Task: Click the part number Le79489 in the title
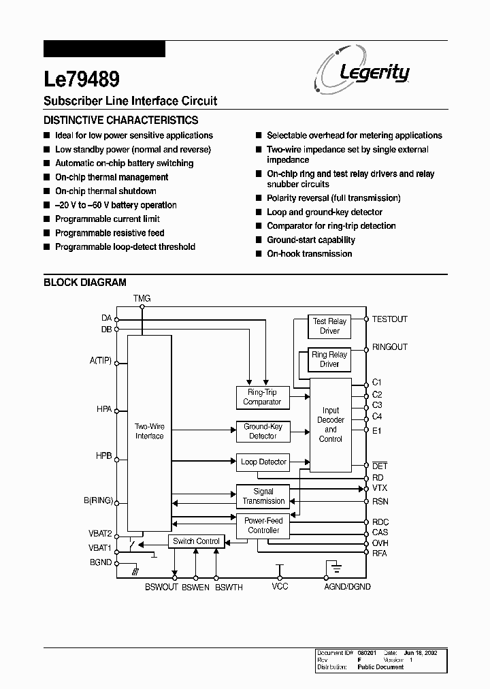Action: tap(82, 79)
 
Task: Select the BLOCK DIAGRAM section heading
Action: tap(85, 283)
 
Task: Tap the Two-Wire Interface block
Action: tap(149, 431)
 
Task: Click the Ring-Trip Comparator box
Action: tap(262, 398)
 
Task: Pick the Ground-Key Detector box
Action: tap(263, 432)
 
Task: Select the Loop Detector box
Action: tap(263, 462)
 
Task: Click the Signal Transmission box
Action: tap(263, 496)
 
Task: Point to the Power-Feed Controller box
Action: tap(263, 526)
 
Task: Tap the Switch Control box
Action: tap(196, 541)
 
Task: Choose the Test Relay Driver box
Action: tap(329, 326)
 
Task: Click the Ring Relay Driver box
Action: tap(329, 359)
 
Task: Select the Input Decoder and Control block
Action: tap(331, 425)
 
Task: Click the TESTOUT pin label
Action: tap(390, 319)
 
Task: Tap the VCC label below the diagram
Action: tap(280, 586)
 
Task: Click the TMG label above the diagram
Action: tap(142, 299)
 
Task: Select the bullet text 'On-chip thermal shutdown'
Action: tap(105, 191)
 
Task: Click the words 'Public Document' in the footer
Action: tap(380, 667)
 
